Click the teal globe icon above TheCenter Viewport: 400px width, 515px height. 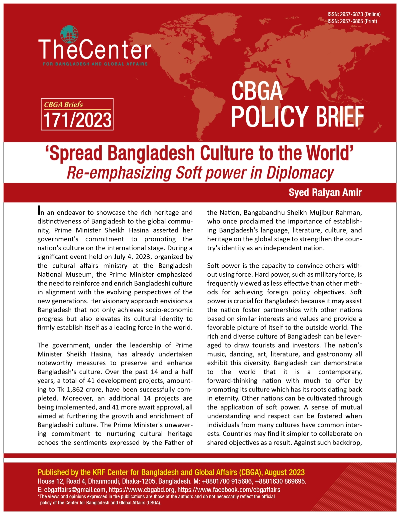(69, 34)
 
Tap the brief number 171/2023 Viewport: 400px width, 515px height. (77, 120)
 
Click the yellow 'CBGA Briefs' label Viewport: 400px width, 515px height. (63, 105)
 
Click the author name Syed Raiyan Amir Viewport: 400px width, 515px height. (325, 192)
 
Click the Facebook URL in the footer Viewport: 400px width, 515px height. (229, 490)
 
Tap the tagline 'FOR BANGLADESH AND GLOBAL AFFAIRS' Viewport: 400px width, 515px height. (95, 64)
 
